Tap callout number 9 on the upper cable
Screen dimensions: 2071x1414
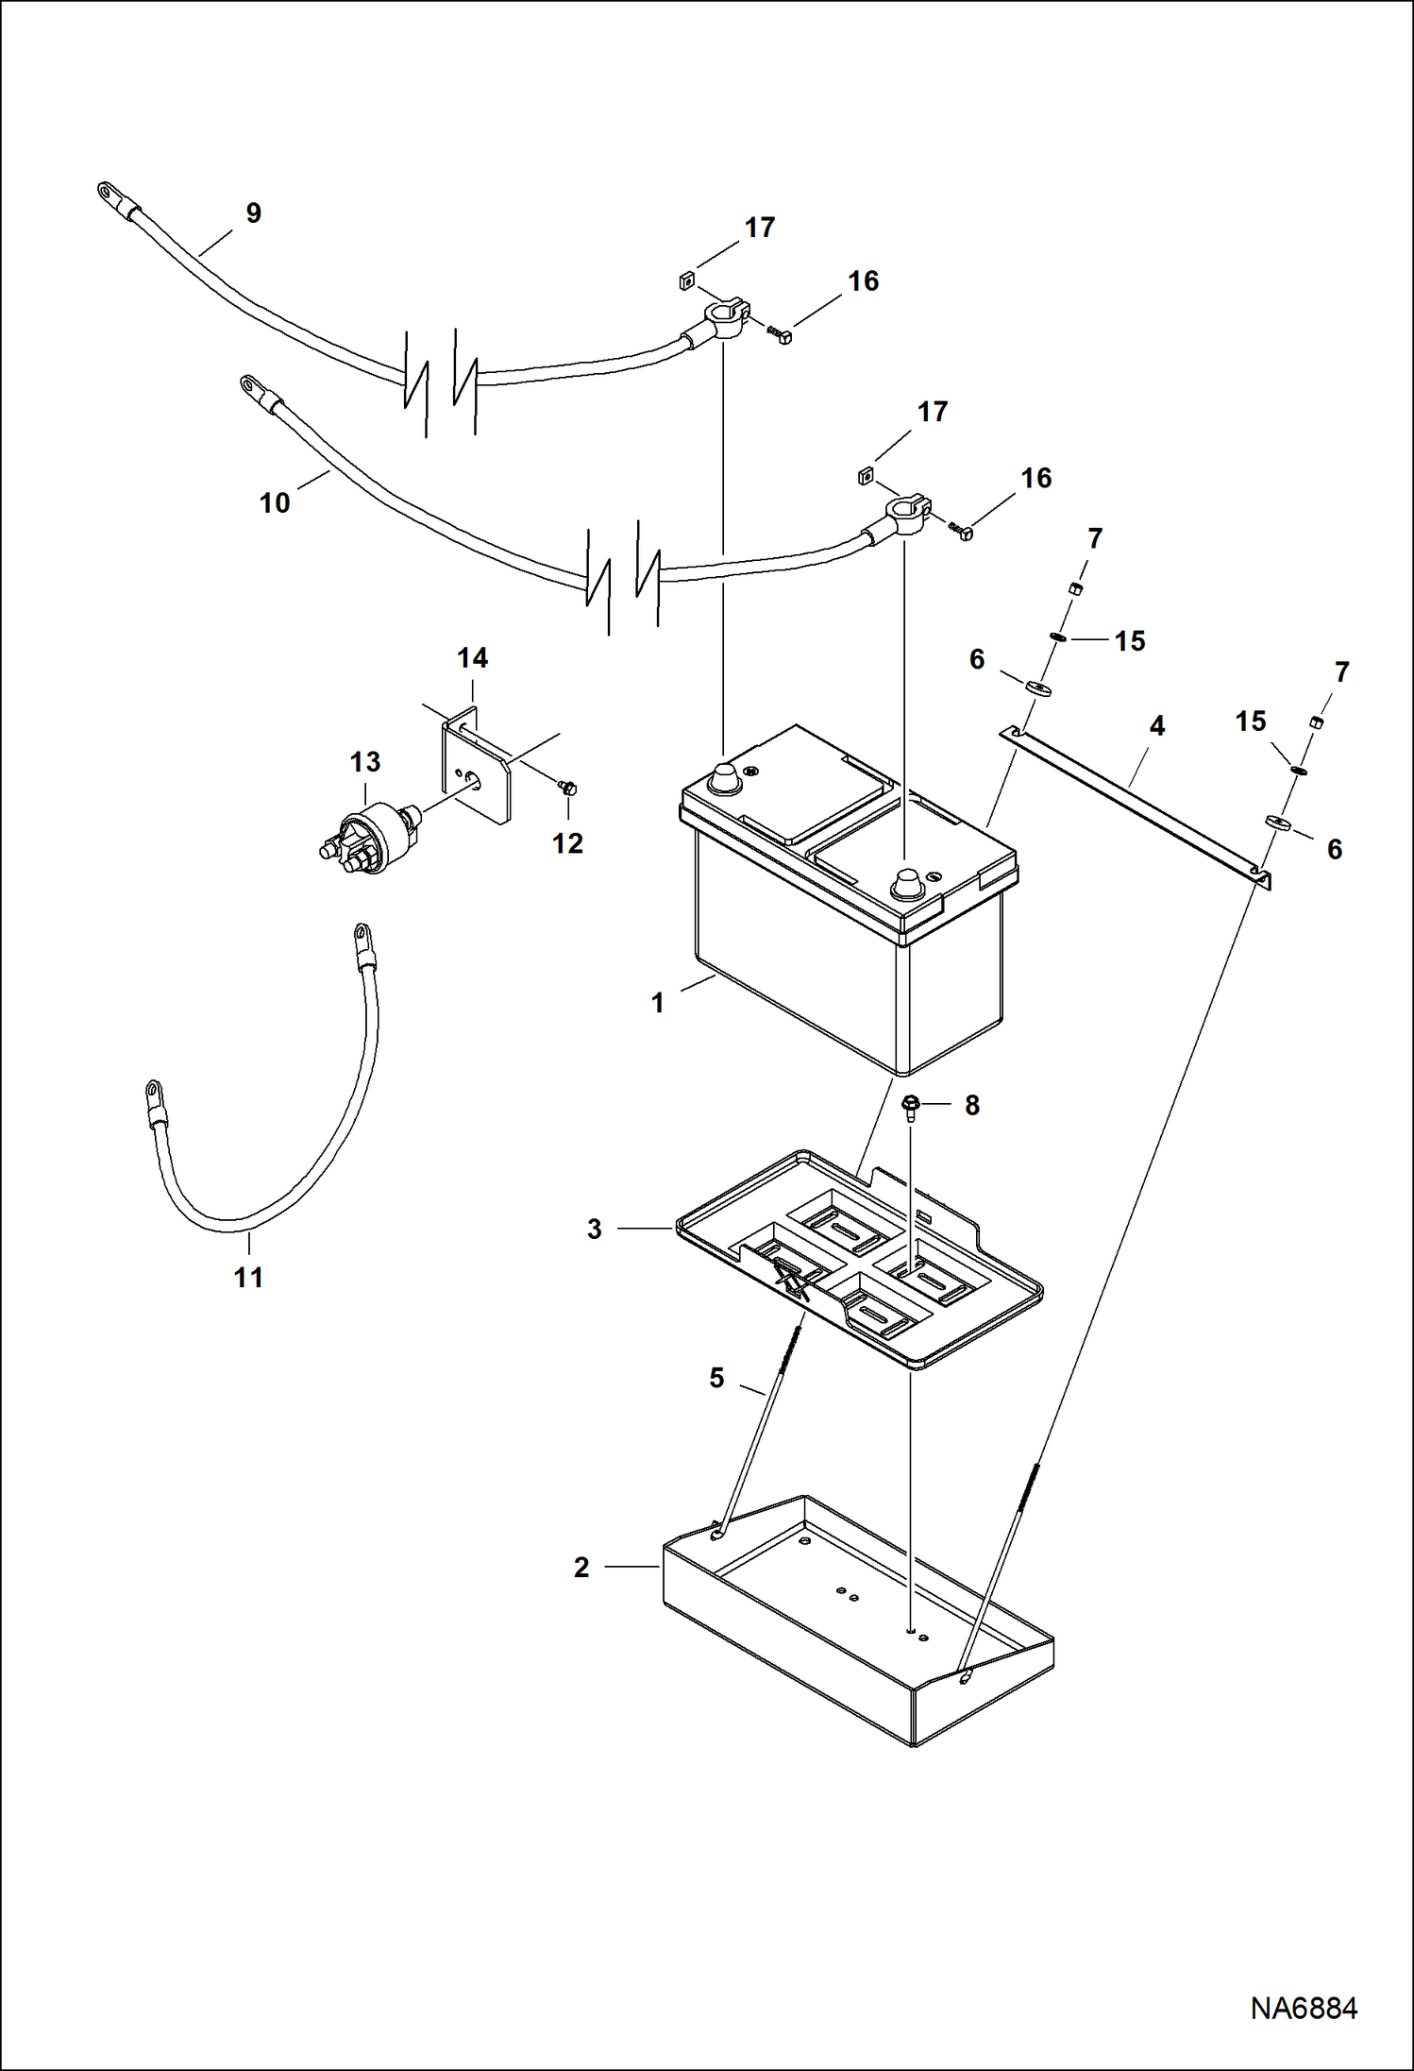coord(253,213)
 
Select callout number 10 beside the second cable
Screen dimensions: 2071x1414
coord(275,503)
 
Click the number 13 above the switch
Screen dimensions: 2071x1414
coord(365,761)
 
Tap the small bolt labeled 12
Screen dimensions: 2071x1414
coord(568,786)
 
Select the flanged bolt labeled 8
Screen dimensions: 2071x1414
coord(912,1106)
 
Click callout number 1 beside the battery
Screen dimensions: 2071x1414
coord(658,1003)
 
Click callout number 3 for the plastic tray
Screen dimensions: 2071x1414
coord(595,1229)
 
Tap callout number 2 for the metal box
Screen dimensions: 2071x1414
coord(581,1568)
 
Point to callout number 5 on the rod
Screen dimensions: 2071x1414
coord(716,1379)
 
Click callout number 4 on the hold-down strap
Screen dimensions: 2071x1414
coord(1156,726)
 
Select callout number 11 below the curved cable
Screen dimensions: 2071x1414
coord(248,1278)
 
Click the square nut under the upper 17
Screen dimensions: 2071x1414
coord(686,280)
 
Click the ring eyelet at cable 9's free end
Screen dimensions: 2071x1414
coord(106,194)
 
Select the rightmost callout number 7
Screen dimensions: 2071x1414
coord(1342,672)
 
